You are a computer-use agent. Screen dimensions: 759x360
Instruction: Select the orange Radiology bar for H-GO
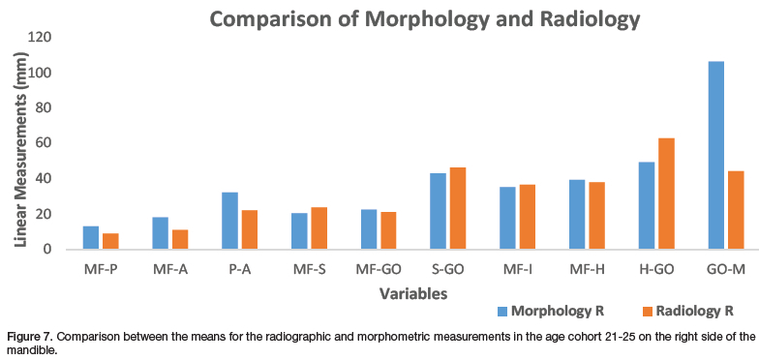click(666, 194)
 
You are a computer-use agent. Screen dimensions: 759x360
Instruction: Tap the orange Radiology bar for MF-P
click(110, 242)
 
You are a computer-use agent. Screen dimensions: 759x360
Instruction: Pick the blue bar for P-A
click(230, 221)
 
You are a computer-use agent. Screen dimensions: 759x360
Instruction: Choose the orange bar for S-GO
click(458, 209)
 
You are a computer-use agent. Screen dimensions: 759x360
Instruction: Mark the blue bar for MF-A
click(161, 233)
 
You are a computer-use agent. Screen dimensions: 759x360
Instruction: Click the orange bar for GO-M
click(736, 211)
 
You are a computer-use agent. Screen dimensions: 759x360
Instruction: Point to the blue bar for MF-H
click(577, 215)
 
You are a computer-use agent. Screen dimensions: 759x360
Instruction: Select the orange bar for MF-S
click(319, 228)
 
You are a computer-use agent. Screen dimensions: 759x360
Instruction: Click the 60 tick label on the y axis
click(45, 143)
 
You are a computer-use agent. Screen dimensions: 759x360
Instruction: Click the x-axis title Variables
click(412, 293)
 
